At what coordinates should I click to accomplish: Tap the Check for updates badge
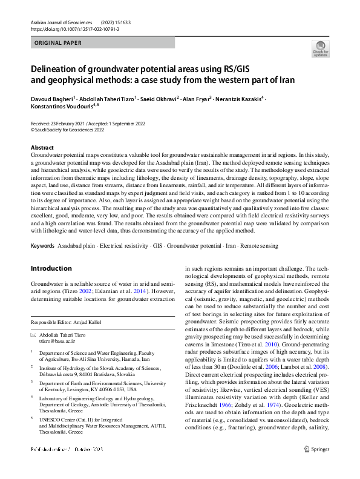pyautogui.click(x=320, y=49)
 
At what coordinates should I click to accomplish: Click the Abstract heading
pyautogui.click(x=42, y=148)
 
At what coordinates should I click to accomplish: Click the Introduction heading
pyautogui.click(x=51, y=268)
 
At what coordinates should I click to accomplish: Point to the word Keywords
pyautogui.click(x=42, y=246)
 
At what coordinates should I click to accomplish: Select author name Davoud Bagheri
pyautogui.click(x=53, y=98)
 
